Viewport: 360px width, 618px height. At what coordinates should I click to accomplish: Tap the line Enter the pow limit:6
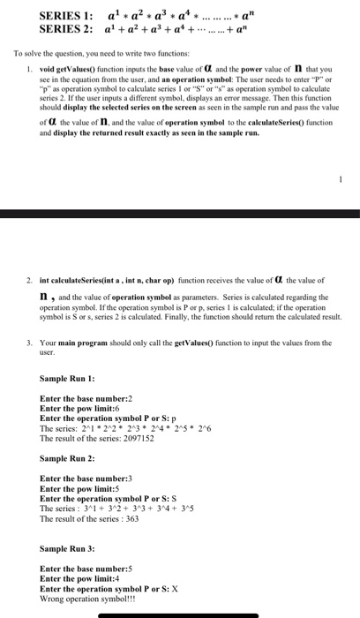tap(80, 409)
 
